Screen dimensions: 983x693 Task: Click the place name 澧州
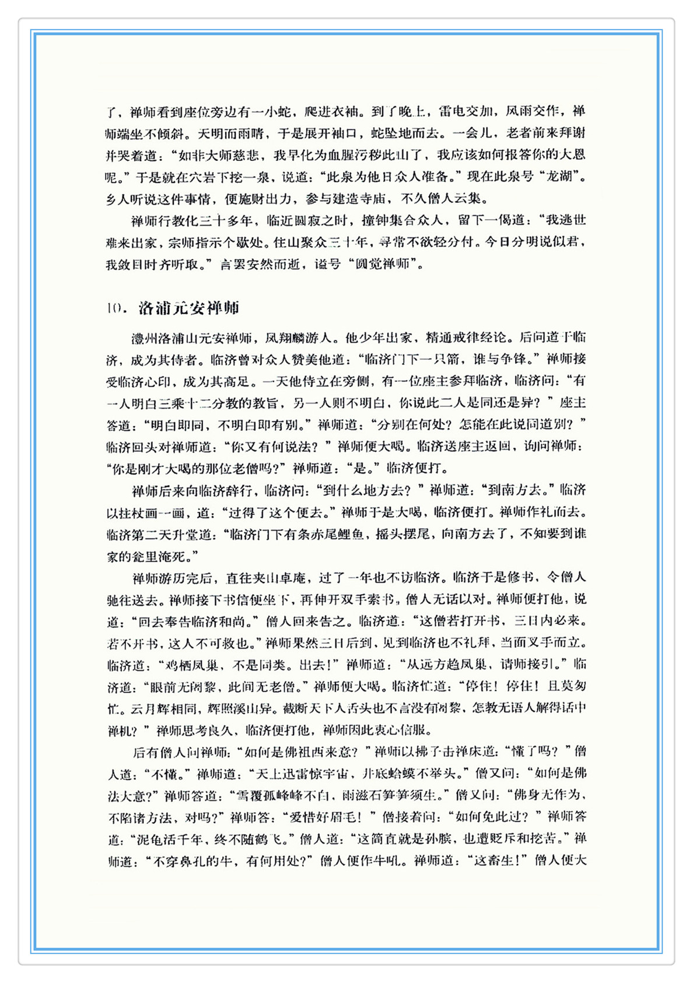coord(144,338)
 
